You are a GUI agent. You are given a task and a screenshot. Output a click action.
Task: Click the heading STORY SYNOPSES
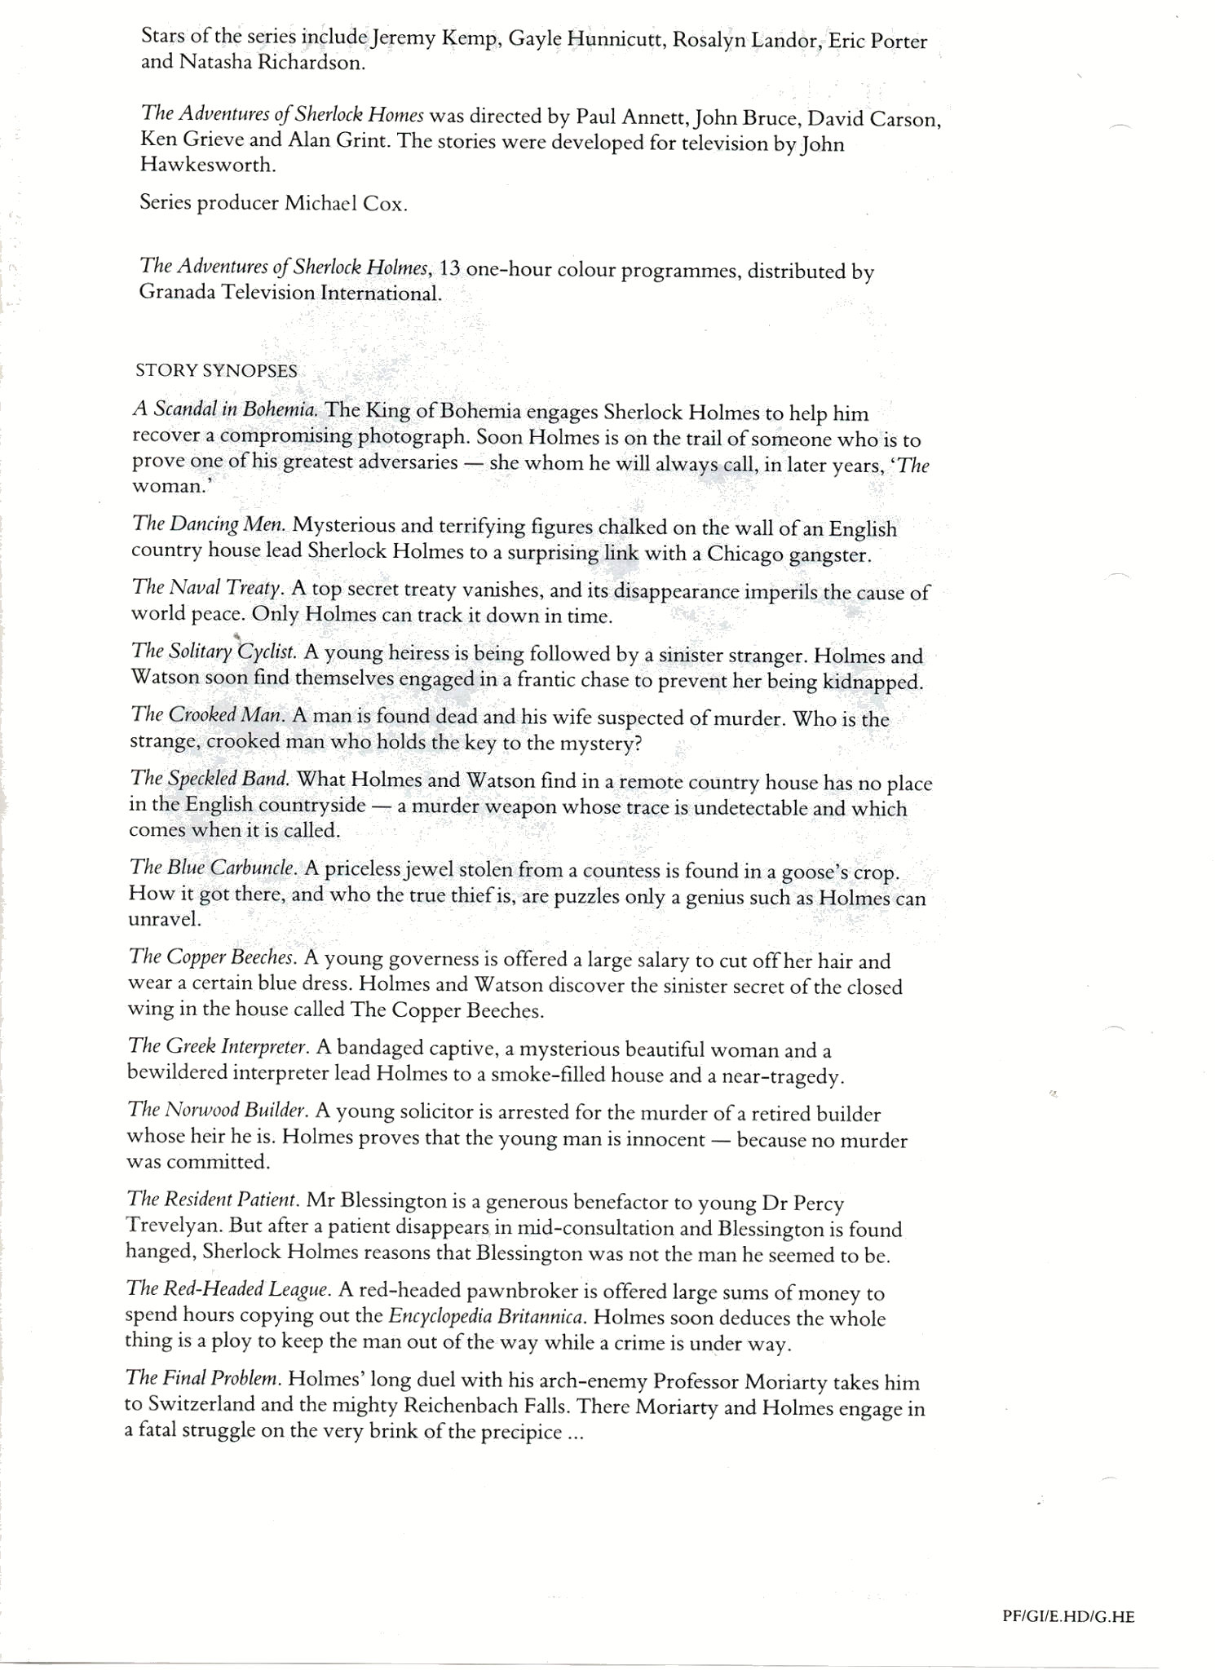tap(216, 371)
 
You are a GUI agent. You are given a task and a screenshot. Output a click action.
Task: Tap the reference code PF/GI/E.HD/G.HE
tap(1067, 1615)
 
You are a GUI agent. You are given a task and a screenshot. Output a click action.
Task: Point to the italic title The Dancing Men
tap(209, 524)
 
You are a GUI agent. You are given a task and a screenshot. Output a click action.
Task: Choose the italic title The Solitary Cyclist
tap(214, 652)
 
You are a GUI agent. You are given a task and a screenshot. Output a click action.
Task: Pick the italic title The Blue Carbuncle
tap(212, 868)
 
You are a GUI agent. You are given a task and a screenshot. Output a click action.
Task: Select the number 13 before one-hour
tap(451, 269)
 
